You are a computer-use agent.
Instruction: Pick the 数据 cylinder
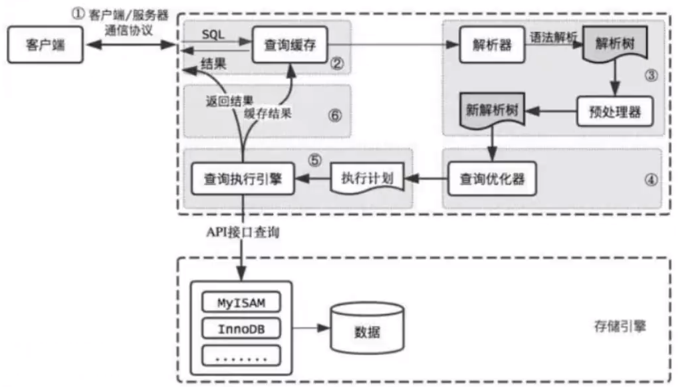pyautogui.click(x=367, y=328)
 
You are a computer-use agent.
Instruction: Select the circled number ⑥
pyautogui.click(x=334, y=114)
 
